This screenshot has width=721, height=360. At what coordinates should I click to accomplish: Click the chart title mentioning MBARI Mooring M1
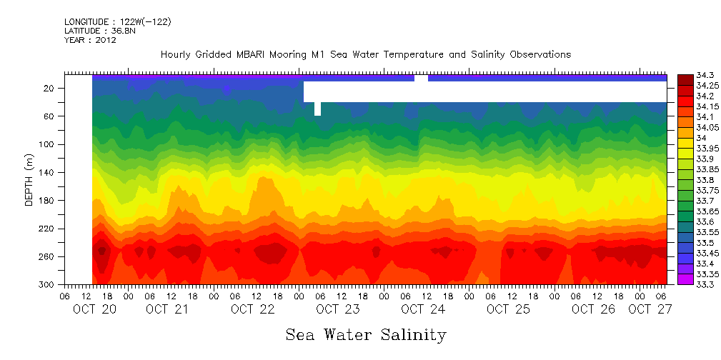click(365, 54)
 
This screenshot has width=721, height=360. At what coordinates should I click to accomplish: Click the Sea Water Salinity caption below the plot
click(366, 334)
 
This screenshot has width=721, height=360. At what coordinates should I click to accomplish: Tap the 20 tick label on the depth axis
click(50, 88)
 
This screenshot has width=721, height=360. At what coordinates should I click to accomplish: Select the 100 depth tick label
click(48, 144)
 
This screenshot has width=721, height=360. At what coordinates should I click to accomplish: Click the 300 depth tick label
click(48, 284)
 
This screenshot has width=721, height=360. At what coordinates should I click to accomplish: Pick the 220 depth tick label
click(48, 229)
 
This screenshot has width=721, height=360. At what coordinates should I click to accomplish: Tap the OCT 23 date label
click(337, 309)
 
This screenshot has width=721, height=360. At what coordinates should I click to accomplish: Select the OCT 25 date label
click(508, 309)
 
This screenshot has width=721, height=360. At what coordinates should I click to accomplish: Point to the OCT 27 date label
click(650, 309)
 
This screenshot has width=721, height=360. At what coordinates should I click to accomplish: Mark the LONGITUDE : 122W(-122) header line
click(117, 22)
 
